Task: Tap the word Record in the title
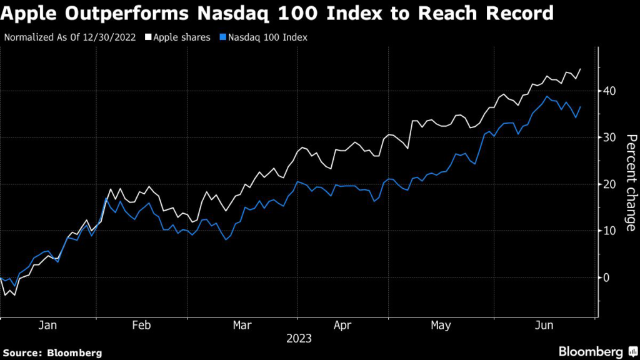coord(522,12)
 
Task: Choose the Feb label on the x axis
coord(142,326)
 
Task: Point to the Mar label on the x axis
coord(242,326)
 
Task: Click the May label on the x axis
coord(441,326)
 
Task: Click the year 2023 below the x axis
coord(299,339)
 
